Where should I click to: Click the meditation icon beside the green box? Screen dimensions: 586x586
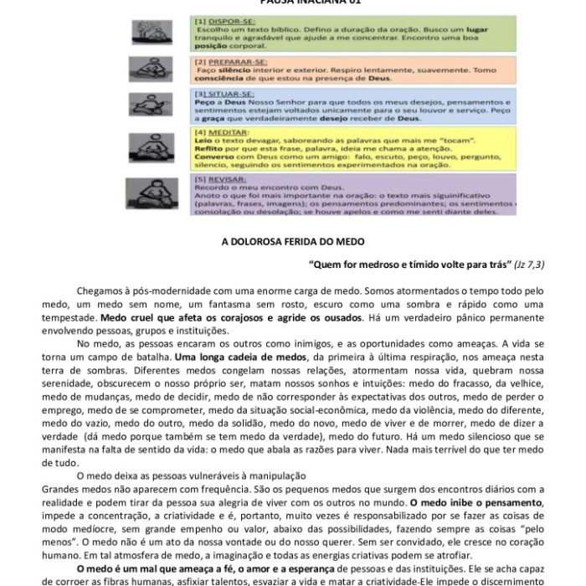click(x=152, y=33)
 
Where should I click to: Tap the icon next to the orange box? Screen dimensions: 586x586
click(x=151, y=68)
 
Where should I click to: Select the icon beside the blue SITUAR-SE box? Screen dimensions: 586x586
click(x=151, y=104)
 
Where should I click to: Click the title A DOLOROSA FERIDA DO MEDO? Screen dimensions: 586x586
click(x=293, y=241)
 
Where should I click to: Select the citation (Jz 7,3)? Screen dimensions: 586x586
click(x=529, y=264)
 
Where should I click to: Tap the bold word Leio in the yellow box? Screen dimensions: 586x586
click(x=202, y=141)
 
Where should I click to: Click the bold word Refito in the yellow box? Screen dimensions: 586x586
click(x=206, y=148)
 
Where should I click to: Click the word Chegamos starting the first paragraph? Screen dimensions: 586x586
click(x=104, y=290)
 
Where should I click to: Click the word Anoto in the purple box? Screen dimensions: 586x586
click(x=207, y=195)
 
